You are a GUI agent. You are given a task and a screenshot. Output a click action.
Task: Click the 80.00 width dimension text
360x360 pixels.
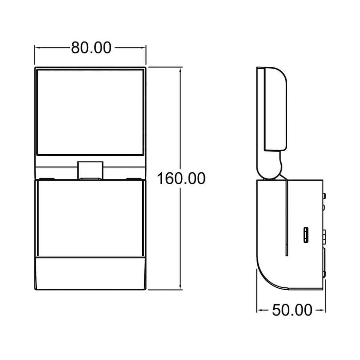(x=91, y=48)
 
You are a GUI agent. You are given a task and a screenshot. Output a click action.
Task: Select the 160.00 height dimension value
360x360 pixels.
(x=181, y=178)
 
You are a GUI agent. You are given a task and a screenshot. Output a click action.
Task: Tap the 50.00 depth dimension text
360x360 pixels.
(x=292, y=310)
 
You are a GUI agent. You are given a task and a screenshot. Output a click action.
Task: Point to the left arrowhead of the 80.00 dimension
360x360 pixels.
(x=36, y=47)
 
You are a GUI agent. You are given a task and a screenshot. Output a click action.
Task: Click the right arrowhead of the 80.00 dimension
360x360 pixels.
(x=144, y=47)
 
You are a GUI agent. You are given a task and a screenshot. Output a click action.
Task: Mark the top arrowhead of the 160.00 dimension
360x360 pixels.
(x=181, y=69)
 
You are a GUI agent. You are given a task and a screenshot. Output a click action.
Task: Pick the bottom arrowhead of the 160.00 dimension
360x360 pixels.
(x=181, y=288)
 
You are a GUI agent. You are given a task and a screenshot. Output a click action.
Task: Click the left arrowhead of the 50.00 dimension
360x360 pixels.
(x=259, y=310)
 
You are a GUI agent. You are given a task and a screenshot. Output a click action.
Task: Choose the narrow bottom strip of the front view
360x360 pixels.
(x=90, y=273)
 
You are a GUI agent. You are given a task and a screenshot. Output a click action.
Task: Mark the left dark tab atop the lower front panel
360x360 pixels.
(x=46, y=179)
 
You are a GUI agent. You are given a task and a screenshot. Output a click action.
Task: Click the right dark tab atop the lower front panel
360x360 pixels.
(x=134, y=179)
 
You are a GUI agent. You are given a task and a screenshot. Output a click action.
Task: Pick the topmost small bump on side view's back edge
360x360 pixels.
(x=325, y=195)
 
